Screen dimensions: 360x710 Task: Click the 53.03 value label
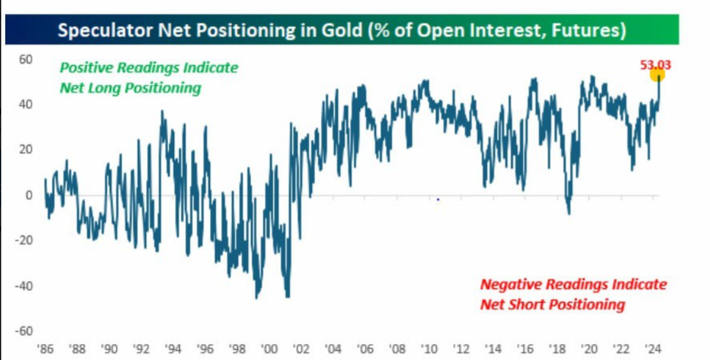pyautogui.click(x=656, y=64)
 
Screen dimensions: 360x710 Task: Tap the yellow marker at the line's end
pyautogui.click(x=657, y=75)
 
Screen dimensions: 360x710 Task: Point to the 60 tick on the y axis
pyautogui.click(x=25, y=59)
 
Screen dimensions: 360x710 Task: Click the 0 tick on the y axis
pyautogui.click(x=28, y=195)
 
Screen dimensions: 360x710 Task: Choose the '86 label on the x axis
pyautogui.click(x=45, y=349)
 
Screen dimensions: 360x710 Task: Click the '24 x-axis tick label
pyautogui.click(x=653, y=349)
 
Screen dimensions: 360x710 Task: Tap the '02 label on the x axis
pyautogui.click(x=301, y=349)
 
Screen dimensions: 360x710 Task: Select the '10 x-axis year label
pyautogui.click(x=428, y=349)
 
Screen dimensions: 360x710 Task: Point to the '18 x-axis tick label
pyautogui.click(x=557, y=349)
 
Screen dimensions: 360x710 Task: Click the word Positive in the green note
pyautogui.click(x=86, y=68)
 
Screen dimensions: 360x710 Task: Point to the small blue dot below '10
pyautogui.click(x=438, y=200)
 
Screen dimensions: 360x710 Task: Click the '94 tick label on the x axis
pyautogui.click(x=173, y=349)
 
